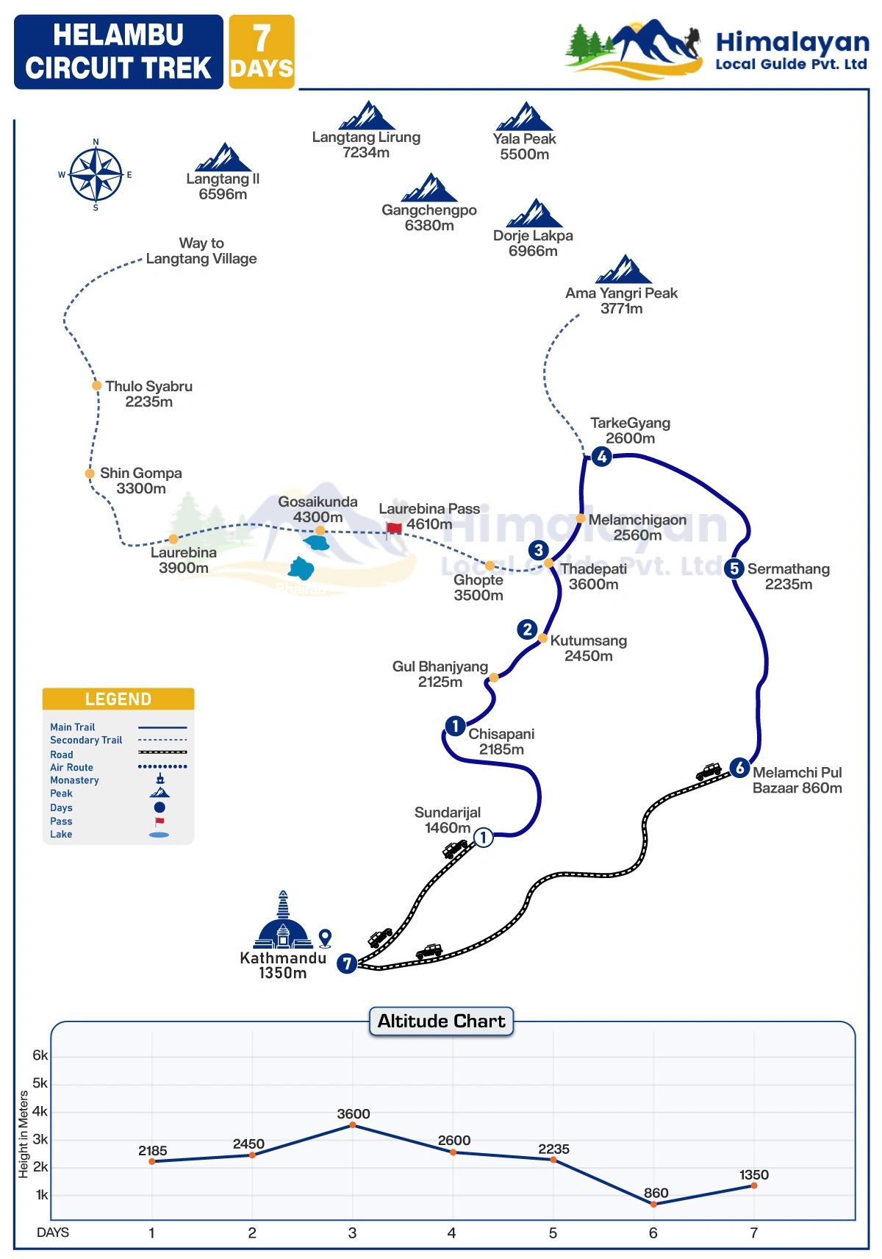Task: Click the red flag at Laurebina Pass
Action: coord(394,527)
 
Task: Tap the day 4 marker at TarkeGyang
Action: coord(601,457)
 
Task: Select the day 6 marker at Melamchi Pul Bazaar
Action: coord(739,768)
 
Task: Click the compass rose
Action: coord(96,175)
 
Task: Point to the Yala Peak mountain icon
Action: coord(524,117)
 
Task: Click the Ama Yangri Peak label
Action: coord(621,301)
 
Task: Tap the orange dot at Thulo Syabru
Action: coord(96,385)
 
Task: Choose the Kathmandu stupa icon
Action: coord(283,921)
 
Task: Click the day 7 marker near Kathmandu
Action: coord(347,963)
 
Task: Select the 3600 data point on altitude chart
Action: coord(353,1125)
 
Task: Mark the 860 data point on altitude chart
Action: coord(653,1204)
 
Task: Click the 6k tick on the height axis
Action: coord(40,1055)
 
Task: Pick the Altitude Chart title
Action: coord(441,1021)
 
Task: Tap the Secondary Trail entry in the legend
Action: coord(86,741)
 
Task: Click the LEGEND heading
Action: coord(118,699)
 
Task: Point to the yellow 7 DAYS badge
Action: coord(262,52)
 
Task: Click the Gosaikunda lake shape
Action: coord(317,543)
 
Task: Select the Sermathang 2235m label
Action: coord(788,577)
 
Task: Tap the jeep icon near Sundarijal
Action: coord(454,849)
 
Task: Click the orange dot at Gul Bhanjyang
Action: coord(494,677)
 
